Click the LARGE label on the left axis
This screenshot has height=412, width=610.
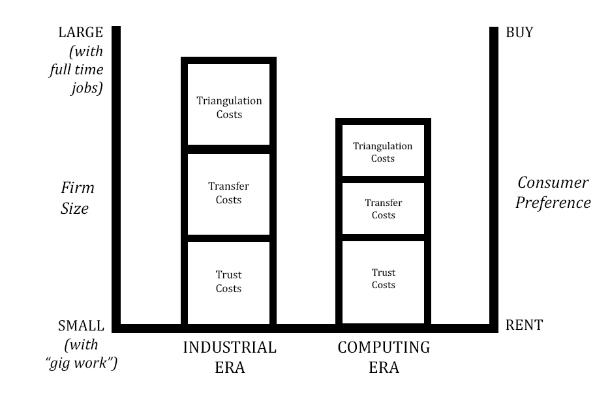(80, 33)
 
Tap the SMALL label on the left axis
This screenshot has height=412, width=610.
(80, 326)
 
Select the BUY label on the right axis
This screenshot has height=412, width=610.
(519, 33)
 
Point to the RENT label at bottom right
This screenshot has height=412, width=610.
(524, 325)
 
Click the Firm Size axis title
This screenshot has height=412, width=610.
(78, 198)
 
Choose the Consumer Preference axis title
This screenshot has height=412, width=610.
(553, 192)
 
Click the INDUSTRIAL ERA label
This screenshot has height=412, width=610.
(229, 357)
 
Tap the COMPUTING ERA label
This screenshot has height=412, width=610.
(384, 357)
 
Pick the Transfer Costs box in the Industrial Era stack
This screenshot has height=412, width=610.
(229, 194)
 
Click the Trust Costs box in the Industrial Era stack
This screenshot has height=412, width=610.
(229, 282)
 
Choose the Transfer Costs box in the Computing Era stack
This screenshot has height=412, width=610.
(383, 209)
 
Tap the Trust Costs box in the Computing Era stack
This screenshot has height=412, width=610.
(383, 279)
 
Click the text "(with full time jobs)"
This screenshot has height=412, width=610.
(76, 70)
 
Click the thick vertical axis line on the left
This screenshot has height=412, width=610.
(116, 176)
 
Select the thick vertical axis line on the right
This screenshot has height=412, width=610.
(494, 176)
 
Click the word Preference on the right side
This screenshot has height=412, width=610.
(553, 203)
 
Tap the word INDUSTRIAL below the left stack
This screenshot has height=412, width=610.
(229, 347)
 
